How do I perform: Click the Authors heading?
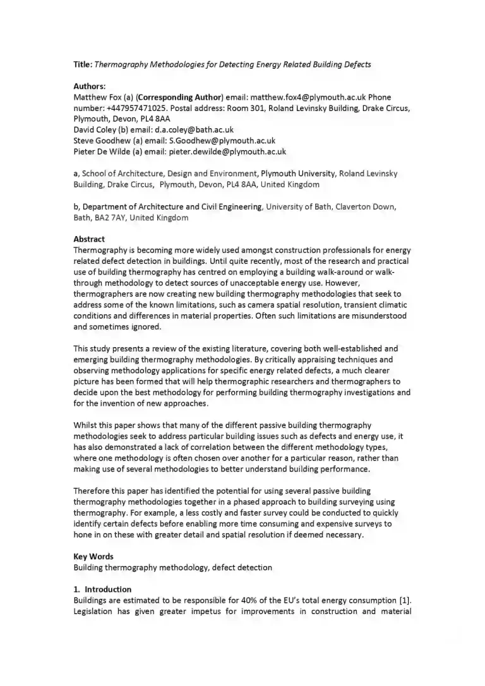coord(90,86)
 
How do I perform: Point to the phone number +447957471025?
coord(136,108)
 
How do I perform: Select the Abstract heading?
coord(89,239)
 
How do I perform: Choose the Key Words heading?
coord(93,556)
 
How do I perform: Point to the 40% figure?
coord(249,600)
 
